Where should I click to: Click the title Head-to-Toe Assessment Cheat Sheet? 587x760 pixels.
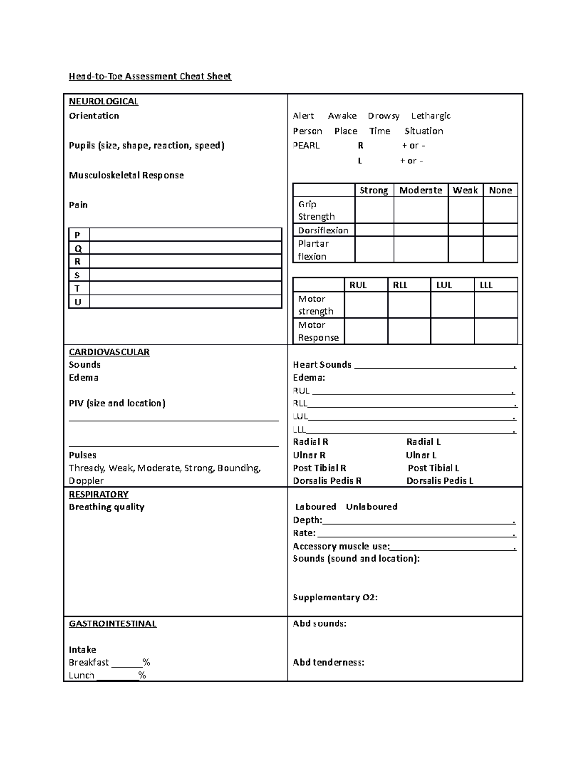tap(150, 76)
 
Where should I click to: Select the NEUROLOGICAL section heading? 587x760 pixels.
tap(104, 101)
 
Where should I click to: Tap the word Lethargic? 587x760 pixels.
tap(430, 116)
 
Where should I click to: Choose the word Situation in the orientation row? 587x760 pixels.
tap(424, 131)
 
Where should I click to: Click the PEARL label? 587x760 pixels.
tap(306, 146)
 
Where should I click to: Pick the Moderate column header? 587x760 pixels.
tap(420, 190)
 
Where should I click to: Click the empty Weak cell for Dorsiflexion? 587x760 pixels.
tap(465, 230)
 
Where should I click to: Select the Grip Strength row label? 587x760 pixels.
tap(316, 210)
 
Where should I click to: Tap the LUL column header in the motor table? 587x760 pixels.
tap(444, 285)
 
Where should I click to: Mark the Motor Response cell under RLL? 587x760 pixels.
tap(409, 331)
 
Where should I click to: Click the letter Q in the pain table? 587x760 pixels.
tap(78, 249)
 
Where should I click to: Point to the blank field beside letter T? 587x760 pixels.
tap(185, 289)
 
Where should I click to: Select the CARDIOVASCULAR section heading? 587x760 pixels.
tap(109, 352)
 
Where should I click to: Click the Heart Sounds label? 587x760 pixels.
tap(322, 365)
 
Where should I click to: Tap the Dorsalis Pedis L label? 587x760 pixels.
tap(440, 481)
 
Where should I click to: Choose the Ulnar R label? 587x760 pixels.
tap(309, 455)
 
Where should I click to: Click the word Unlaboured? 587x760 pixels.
tap(371, 507)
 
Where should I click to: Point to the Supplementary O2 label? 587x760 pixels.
tap(335, 598)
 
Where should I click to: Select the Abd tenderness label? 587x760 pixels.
tap(328, 663)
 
